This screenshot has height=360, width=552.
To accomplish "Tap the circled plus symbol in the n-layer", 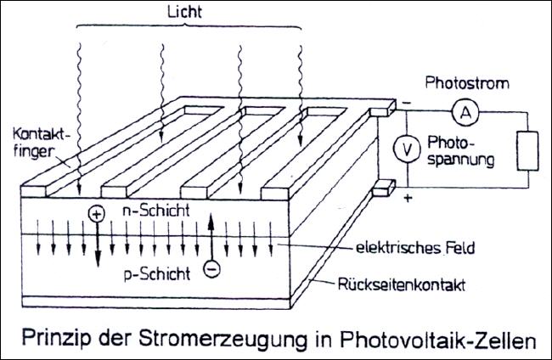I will coord(96,215).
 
